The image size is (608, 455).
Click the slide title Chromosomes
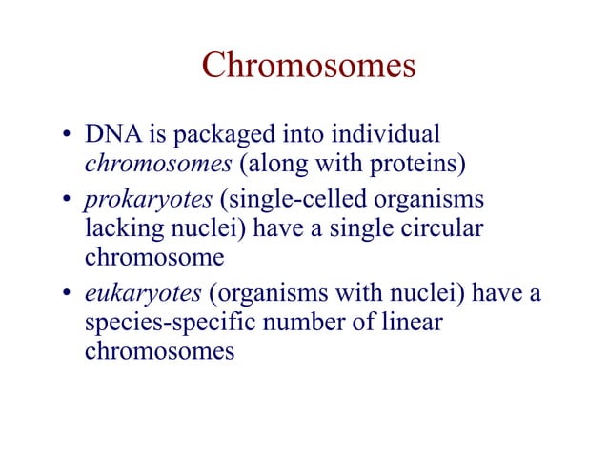309,67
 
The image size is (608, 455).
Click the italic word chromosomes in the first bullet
158,165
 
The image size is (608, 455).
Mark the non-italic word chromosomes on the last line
159,351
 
